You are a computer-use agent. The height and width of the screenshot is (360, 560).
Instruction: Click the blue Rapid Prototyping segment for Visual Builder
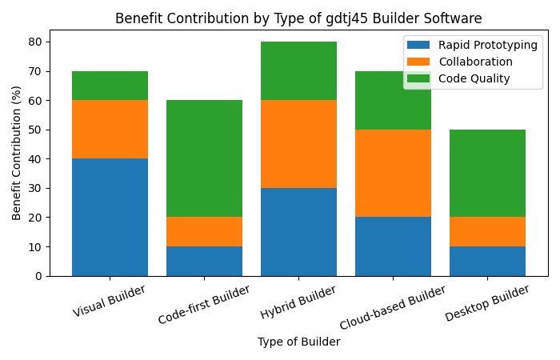110,217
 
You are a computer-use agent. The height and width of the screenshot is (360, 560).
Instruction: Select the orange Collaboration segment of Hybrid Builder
298,144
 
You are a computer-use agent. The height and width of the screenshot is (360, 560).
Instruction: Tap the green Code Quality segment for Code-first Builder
204,158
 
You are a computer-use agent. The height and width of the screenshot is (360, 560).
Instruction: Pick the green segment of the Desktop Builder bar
487,173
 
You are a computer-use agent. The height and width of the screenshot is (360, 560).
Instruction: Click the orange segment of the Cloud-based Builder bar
393,173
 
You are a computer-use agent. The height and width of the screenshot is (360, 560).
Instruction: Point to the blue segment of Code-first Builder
204,261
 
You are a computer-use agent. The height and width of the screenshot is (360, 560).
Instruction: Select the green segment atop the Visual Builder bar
110,86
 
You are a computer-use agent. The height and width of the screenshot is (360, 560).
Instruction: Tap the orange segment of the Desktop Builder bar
487,232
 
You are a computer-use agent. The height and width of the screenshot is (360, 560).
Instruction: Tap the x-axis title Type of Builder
298,342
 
